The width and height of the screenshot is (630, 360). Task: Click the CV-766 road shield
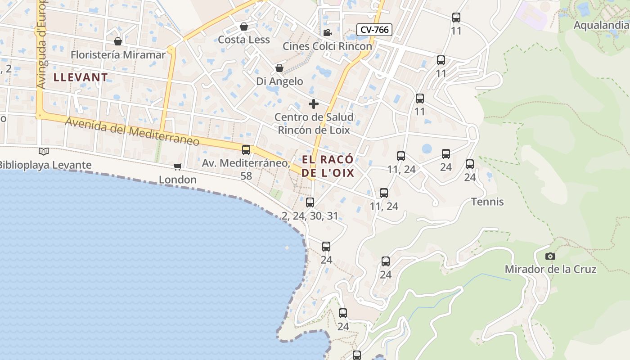click(375, 30)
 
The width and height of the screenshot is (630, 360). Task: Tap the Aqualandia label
click(601, 25)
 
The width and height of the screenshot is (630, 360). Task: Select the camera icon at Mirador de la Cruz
click(550, 256)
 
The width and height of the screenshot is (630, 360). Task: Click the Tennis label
click(487, 202)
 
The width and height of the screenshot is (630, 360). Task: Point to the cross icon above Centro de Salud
click(314, 104)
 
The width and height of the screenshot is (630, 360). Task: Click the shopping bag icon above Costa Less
click(244, 27)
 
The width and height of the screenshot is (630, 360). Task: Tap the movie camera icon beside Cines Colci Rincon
click(327, 32)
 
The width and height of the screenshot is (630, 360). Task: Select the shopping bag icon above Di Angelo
click(279, 68)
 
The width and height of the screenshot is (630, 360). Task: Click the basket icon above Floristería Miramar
click(118, 41)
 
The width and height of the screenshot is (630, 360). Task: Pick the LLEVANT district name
click(81, 77)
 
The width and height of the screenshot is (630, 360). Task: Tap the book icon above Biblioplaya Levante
click(43, 151)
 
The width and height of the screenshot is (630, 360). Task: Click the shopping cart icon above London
click(178, 166)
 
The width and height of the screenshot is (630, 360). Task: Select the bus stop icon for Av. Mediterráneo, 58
click(246, 150)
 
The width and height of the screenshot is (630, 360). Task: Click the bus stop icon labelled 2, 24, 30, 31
click(310, 202)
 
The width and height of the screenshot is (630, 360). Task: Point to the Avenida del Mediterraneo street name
click(132, 131)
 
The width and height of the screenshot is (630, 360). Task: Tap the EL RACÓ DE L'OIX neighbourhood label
click(328, 166)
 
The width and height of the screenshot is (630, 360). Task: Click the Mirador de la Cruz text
click(550, 269)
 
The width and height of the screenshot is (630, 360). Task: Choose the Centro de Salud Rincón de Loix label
click(314, 124)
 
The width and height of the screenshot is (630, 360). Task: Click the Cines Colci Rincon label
click(327, 46)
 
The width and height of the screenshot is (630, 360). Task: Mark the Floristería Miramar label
click(118, 55)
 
